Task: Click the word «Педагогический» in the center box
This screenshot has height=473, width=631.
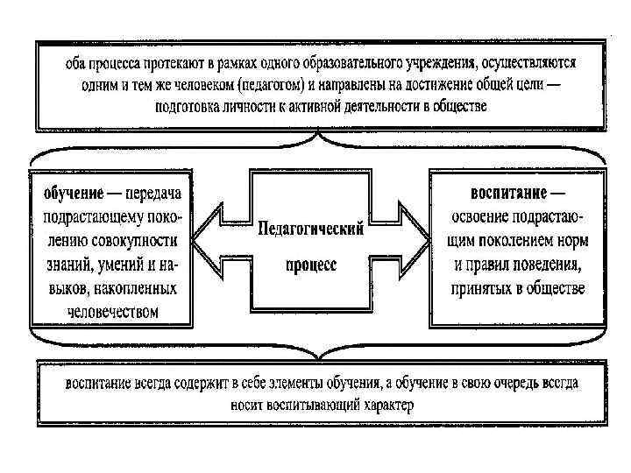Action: pos(311,229)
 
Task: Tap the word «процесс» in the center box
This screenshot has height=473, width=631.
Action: pos(311,265)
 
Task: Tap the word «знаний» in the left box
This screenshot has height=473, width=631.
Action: pos(64,264)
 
